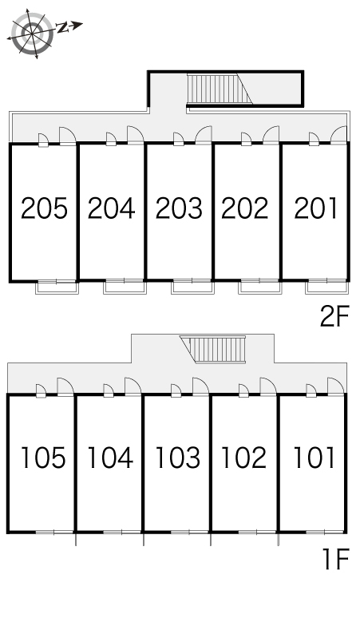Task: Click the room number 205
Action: pos(44,208)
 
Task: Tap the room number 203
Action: pos(179,208)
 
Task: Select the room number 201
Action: pos(315,208)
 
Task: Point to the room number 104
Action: pos(110,458)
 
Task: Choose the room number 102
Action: pos(243,458)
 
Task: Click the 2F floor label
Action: pos(334,317)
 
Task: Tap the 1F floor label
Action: pos(336,559)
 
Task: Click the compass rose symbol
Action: pos(32,33)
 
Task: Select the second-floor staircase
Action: pos(220,89)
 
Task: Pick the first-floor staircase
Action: pos(212,349)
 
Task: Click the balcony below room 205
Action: pos(57,287)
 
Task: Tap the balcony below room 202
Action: pos(259,287)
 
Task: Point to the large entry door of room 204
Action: pos(135,135)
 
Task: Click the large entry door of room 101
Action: pos(335,386)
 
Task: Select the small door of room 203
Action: pos(179,139)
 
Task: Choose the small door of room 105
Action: pos(41,390)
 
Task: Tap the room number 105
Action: pos(43,458)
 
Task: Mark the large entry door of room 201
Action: pos(338,135)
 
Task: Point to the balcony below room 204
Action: pos(125,287)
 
